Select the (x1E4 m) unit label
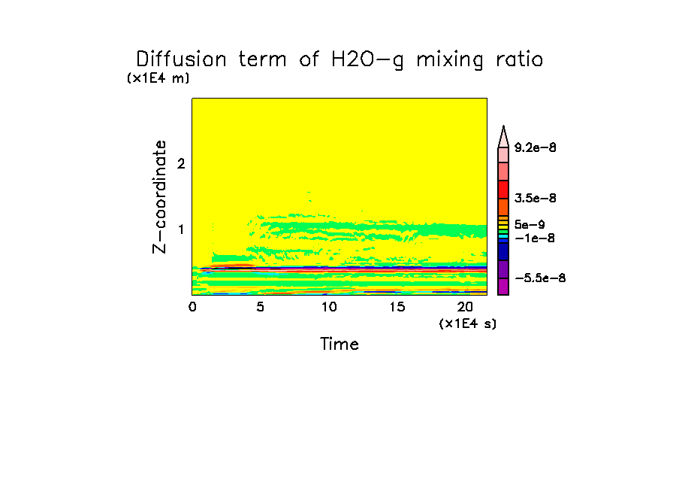tap(158, 78)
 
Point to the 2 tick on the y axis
tap(180, 164)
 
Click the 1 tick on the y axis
tap(180, 229)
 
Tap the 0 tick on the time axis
tap(192, 307)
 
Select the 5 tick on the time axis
tap(260, 307)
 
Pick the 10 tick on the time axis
tap(328, 307)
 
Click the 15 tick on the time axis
tap(397, 307)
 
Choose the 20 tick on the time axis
tap(465, 307)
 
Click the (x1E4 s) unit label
tap(467, 323)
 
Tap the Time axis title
tap(339, 345)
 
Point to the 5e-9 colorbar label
tap(530, 224)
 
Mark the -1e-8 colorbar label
tap(535, 238)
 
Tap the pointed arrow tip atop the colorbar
tap(503, 129)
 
